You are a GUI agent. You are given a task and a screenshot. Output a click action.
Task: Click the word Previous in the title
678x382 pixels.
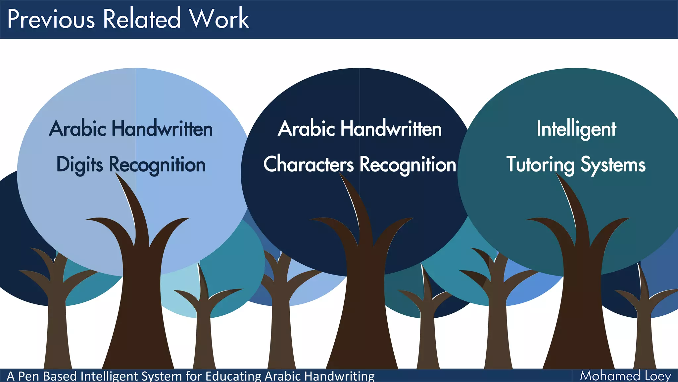51,19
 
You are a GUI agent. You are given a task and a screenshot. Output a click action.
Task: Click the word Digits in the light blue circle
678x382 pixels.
79,165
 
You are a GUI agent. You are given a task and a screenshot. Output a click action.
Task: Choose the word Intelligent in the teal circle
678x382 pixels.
576,129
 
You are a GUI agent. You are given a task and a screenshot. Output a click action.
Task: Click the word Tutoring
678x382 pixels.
540,165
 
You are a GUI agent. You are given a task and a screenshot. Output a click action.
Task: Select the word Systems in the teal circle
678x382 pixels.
613,165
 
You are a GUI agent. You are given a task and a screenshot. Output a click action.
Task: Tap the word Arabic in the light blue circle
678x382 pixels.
78,129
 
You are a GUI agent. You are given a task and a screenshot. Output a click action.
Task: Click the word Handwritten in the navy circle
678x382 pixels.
391,129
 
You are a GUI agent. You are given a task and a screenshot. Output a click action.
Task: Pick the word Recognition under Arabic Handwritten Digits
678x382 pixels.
157,165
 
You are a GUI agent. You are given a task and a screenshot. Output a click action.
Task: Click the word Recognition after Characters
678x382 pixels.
408,165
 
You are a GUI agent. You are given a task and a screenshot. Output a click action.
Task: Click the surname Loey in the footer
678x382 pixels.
658,376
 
